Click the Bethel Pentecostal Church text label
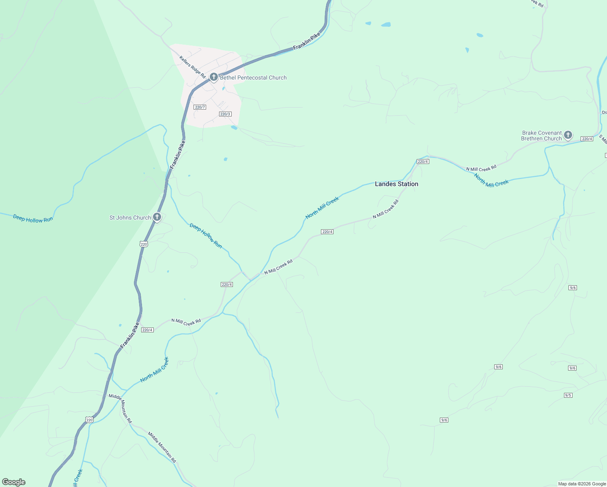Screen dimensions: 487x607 pos(253,78)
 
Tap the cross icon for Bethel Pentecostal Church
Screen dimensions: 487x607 pos(214,77)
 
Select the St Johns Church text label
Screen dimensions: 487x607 pos(130,218)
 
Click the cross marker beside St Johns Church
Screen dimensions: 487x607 pos(157,217)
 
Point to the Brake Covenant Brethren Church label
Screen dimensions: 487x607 pos(541,136)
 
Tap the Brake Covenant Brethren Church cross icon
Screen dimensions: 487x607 pos(568,135)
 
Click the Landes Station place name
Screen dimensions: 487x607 pos(396,184)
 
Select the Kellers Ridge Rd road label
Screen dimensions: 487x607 pos(193,67)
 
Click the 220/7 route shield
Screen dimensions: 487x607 pos(200,107)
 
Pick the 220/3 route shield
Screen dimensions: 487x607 pos(225,114)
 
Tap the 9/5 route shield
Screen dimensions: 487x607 pos(568,395)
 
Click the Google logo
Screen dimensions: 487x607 pos(14,482)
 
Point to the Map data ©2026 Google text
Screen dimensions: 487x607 pos(582,484)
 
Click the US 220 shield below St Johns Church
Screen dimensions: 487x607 pos(144,244)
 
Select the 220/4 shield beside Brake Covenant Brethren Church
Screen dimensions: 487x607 pos(587,139)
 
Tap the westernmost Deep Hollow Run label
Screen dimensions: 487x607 pos(33,218)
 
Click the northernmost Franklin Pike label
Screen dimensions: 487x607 pos(307,41)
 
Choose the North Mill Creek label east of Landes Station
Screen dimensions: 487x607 pos(491,180)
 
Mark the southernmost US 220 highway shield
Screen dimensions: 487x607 pos(90,420)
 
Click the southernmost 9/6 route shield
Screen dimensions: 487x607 pos(444,420)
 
